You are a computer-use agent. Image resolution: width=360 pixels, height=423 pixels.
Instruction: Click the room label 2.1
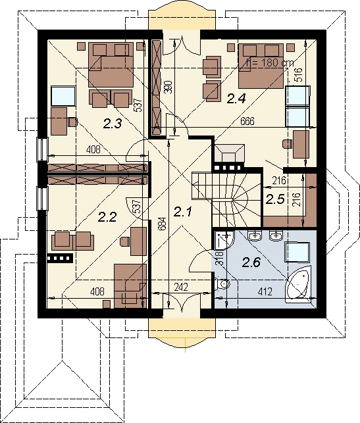(182, 212)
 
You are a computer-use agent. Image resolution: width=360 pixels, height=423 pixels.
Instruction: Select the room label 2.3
(113, 122)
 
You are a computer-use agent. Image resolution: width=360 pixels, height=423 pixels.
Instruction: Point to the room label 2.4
(236, 99)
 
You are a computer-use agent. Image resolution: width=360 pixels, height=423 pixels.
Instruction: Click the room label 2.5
(274, 198)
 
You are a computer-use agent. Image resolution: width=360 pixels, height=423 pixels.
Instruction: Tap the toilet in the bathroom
(222, 284)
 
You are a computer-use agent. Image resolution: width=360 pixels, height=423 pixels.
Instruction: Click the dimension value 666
(247, 121)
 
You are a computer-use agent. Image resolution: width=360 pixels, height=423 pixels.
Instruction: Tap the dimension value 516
(298, 74)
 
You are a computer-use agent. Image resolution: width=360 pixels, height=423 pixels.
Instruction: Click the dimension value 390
(169, 87)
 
